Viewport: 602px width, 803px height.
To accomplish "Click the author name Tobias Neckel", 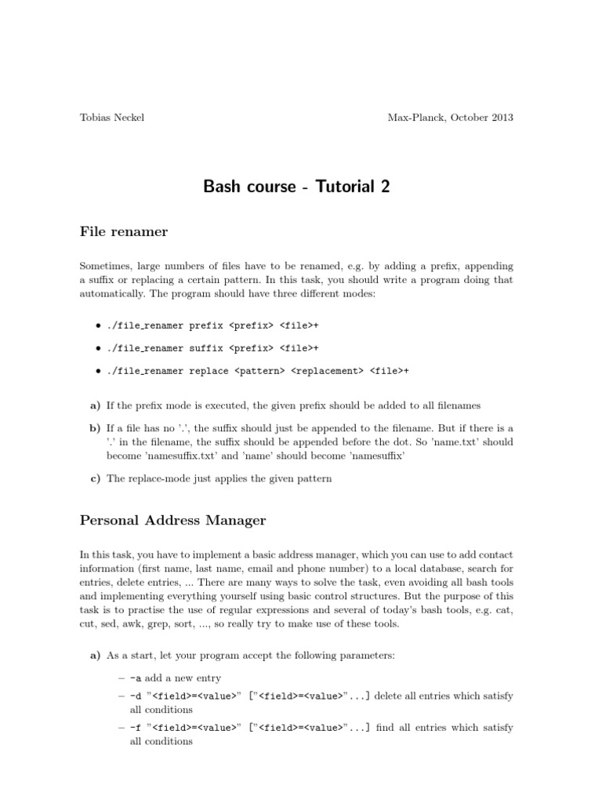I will (112, 118).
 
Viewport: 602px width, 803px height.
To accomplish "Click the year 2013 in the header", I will (499, 118).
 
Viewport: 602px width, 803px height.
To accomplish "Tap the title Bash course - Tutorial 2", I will (296, 186).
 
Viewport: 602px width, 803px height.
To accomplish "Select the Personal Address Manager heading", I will (172, 519).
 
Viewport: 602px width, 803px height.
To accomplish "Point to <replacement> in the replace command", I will (328, 371).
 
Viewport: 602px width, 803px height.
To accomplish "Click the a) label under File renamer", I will (96, 405).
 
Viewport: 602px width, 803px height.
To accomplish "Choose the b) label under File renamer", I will (96, 428).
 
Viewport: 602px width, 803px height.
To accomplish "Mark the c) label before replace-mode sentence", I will (95, 478).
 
